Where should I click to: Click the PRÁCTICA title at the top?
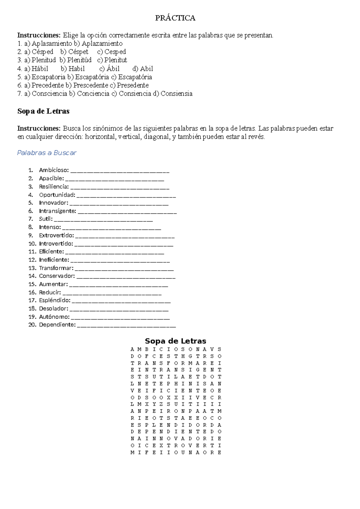[x=175, y=18]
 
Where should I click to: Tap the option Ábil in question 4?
[x=113, y=68]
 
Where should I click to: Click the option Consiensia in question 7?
[x=176, y=94]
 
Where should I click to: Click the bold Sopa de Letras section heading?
[x=43, y=111]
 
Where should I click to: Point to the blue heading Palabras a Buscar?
[x=47, y=153]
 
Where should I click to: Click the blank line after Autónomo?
[x=120, y=318]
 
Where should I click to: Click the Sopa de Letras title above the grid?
[x=175, y=341]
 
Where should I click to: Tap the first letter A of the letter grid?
[x=132, y=349]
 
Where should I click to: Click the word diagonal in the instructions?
[x=156, y=137]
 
